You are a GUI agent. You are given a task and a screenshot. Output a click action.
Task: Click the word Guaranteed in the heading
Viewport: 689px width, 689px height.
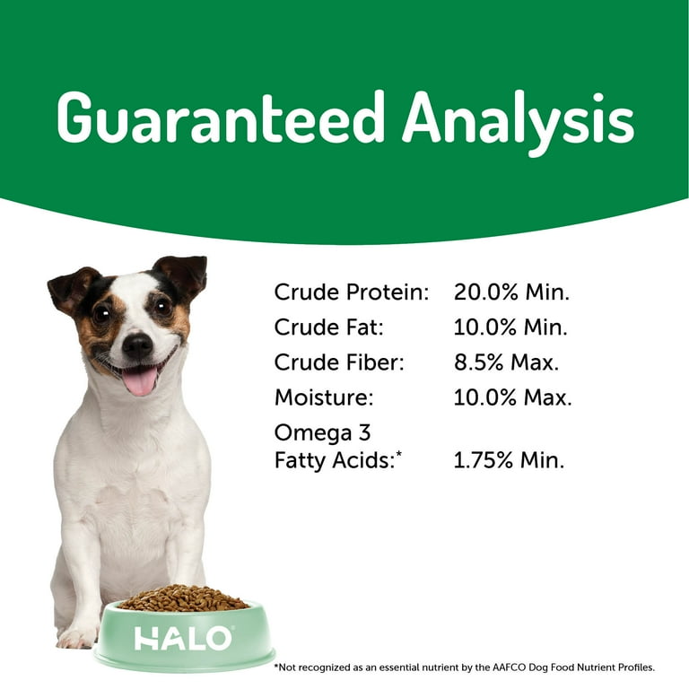[221, 118]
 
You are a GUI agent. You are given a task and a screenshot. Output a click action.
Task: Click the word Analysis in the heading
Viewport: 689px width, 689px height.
[518, 123]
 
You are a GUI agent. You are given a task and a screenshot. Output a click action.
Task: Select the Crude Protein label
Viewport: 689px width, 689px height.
[352, 292]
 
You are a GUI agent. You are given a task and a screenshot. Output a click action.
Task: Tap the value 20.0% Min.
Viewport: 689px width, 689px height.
[511, 292]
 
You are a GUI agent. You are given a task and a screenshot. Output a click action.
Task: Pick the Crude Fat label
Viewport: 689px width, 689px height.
[329, 327]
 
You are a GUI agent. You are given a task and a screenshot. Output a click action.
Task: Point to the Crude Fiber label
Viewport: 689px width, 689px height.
[339, 362]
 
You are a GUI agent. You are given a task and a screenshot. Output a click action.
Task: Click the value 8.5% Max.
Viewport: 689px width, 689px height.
[506, 362]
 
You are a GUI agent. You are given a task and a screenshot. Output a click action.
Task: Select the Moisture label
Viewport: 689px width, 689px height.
[324, 397]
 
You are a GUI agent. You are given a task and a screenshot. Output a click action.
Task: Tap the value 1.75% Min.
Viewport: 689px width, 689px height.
[509, 460]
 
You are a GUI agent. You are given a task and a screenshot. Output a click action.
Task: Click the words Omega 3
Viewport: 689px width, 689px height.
[323, 432]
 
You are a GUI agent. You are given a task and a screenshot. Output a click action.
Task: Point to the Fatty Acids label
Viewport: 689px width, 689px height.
[335, 460]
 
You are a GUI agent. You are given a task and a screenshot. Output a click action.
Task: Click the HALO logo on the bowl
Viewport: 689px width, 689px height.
[183, 639]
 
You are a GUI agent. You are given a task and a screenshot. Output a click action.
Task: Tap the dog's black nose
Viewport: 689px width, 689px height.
[137, 345]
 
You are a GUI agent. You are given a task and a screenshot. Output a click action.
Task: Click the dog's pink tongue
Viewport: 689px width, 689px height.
[140, 380]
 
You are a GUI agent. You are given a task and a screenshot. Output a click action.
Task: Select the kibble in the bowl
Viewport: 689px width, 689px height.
[183, 598]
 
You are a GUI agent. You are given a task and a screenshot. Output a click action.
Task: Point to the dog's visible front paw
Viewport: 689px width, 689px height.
[77, 637]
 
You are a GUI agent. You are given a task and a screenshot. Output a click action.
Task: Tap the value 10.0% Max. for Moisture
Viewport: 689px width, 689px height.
[512, 397]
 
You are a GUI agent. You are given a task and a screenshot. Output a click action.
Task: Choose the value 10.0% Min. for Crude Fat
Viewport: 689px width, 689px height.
[510, 327]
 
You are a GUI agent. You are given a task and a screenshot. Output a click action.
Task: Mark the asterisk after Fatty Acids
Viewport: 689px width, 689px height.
[399, 454]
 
